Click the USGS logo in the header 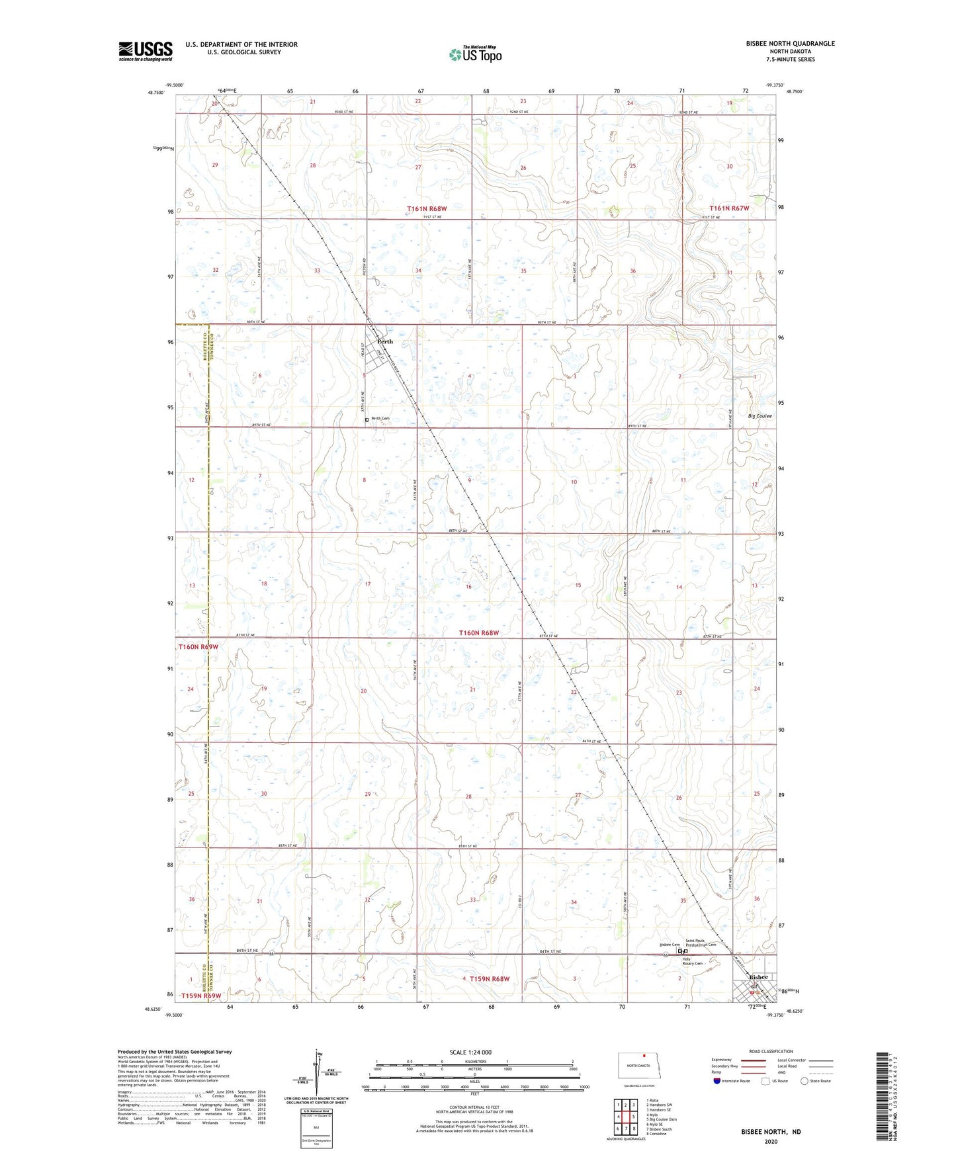pos(146,51)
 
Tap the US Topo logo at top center pos(474,54)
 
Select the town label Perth pos(384,342)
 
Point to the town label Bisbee pos(758,977)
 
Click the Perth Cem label pos(380,419)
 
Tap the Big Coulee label pos(760,416)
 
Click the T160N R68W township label pos(479,633)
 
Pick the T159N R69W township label pos(200,996)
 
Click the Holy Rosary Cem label pos(692,961)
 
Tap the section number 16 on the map pos(468,587)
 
